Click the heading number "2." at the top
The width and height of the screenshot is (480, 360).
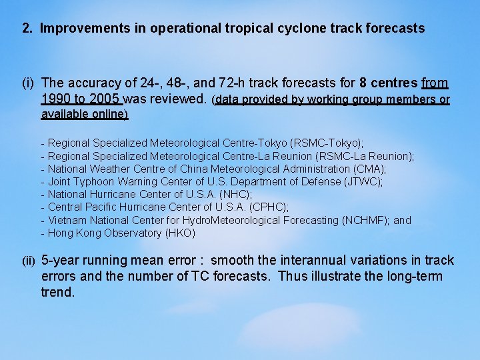tap(27, 29)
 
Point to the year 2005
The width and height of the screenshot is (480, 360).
tap(105, 99)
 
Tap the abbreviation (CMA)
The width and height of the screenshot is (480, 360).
tap(369, 169)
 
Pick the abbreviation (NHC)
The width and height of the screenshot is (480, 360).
tap(237, 194)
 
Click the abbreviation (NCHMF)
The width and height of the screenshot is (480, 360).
tap(364, 220)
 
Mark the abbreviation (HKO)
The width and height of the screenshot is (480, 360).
tap(180, 233)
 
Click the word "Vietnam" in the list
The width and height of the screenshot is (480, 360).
tap(66, 220)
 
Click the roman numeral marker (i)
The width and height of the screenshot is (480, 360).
tap(28, 84)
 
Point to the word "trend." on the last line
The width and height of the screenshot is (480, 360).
tap(58, 292)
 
